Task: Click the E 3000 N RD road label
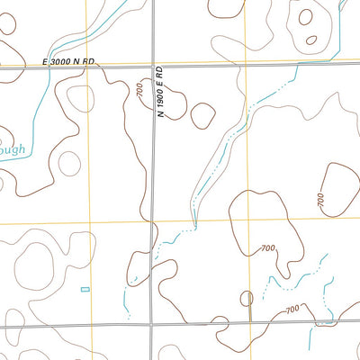coord(68,61)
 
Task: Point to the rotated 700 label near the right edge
coord(320,201)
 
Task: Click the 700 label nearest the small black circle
coord(267,248)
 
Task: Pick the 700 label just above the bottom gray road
coord(292,310)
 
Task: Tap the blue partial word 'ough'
coord(13,149)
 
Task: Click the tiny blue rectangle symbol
coord(85,289)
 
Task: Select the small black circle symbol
coord(247,298)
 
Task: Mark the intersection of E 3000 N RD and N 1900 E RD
coord(152,67)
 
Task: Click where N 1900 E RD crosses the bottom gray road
coord(152,323)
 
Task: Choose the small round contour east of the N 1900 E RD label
coord(203,115)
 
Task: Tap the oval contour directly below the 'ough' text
coord(68,164)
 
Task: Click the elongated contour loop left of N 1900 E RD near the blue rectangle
coord(138,267)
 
